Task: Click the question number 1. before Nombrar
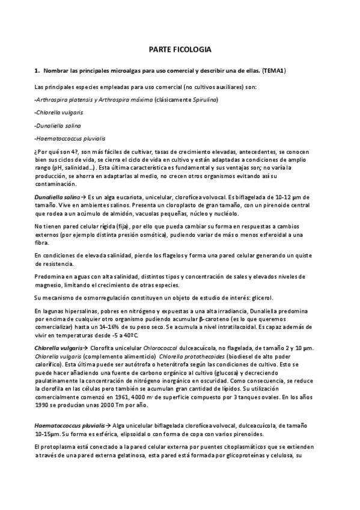tap(37, 70)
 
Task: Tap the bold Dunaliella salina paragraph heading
tap(57, 197)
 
